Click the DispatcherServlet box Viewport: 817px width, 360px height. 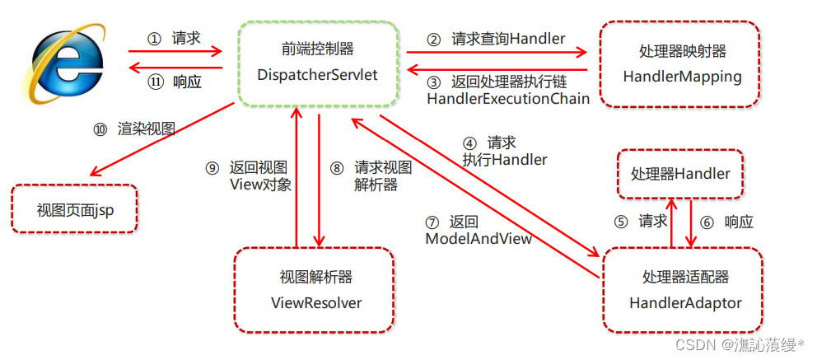(x=318, y=63)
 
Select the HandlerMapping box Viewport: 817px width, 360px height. (x=678, y=65)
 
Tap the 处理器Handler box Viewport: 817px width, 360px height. (x=679, y=174)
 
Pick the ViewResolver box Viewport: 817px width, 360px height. (x=315, y=290)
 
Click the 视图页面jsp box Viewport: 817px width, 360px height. (x=74, y=209)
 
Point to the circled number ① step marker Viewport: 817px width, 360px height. (x=154, y=39)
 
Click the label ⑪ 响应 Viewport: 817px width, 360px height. (x=174, y=82)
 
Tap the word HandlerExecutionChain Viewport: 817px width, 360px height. (x=507, y=98)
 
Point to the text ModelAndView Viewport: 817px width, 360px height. (x=478, y=238)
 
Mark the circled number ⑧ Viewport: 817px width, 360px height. (x=336, y=168)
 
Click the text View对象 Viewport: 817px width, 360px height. (x=259, y=185)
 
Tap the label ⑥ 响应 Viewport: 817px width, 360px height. (x=728, y=222)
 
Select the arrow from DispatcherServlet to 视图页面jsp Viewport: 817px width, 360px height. (x=161, y=142)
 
